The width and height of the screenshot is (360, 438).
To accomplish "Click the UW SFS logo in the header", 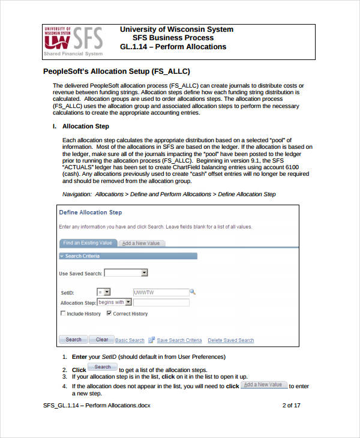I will point(73,41).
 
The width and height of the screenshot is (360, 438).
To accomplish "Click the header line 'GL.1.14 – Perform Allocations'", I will point(173,47).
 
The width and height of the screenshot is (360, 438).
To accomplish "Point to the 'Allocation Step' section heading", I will point(85,127).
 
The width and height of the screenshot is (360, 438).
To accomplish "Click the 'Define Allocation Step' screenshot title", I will point(90,212).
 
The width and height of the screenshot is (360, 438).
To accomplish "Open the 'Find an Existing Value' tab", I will point(88,243).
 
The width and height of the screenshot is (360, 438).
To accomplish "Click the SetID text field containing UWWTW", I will point(160,292).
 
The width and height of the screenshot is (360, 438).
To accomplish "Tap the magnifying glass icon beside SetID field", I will point(193,292).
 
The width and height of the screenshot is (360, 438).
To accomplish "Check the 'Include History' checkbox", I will point(63,314).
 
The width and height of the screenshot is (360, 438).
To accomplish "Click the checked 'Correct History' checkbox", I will point(109,314).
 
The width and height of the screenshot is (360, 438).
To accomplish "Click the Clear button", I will point(101,340).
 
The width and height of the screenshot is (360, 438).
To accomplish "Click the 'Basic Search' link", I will point(130,340).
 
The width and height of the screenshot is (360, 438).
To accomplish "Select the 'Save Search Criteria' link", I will point(179,340).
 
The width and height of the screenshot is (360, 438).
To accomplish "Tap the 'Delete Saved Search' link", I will point(230,340).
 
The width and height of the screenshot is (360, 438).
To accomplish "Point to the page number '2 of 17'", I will point(291,406).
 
